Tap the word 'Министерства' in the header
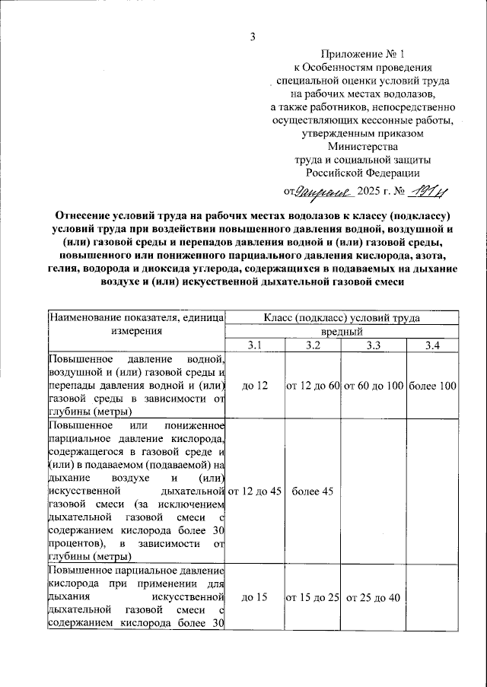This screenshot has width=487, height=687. pos(361,147)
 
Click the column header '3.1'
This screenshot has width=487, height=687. pos(254,346)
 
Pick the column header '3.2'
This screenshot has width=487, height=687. pos(313,346)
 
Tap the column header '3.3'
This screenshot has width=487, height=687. pos(373,346)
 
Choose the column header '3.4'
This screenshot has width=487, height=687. pos(432,346)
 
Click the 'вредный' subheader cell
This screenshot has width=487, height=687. pos(341,332)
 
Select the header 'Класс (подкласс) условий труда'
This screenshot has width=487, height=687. pos(341,319)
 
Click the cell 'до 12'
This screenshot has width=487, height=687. pos(254,386)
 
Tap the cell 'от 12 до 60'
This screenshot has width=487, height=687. pos(313,386)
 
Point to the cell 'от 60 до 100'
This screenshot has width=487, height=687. pos(373,386)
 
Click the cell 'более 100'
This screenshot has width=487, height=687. pos(432,386)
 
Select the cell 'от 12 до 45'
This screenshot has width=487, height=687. pos(255,491)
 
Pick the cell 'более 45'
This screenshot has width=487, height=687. pos(313,491)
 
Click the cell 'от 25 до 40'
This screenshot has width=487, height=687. pos(373,597)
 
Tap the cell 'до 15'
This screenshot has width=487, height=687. pos(254,597)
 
